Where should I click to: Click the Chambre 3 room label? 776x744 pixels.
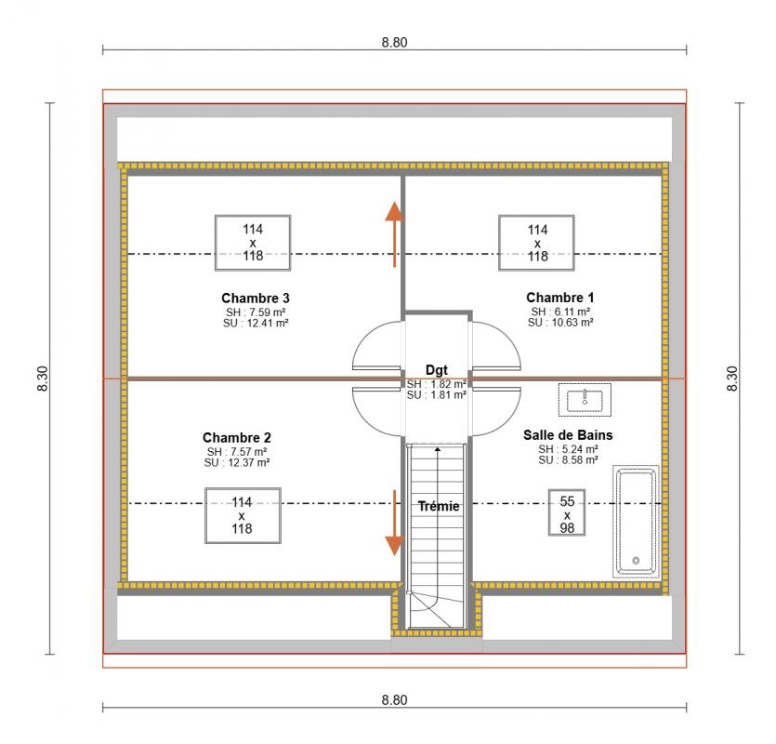(256, 299)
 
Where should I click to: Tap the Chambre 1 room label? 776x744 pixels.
(559, 298)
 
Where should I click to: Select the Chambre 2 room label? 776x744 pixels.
(237, 438)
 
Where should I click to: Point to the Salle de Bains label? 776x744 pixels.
(568, 435)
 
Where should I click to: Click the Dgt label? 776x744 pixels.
(437, 370)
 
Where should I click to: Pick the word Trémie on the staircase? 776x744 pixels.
(439, 506)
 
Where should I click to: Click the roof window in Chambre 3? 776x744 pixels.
(253, 243)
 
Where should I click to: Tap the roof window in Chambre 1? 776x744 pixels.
(536, 243)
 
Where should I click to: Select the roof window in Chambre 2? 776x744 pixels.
(243, 515)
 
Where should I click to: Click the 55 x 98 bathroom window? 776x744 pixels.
(567, 512)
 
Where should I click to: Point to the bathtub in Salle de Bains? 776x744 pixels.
(636, 522)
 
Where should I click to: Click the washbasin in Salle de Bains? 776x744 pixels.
(585, 400)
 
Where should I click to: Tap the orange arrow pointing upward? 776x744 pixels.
(394, 234)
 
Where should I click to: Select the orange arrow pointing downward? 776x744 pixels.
(394, 523)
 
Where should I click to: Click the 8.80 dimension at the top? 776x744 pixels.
(394, 43)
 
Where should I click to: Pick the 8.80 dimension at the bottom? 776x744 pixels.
(394, 700)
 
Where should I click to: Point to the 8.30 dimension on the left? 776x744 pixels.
(43, 379)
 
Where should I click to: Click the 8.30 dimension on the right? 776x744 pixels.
(732, 379)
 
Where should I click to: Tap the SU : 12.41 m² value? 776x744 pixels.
(256, 324)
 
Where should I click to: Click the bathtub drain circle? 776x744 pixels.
(636, 561)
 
